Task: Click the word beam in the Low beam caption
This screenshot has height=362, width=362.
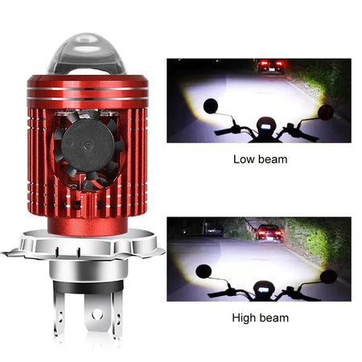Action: pos(273,160)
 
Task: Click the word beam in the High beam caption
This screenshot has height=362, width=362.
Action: pos(274,317)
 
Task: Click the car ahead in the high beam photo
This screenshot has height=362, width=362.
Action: pos(269,234)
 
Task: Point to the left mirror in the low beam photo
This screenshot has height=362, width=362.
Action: pos(210,105)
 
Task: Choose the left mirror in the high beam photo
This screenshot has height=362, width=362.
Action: pos(204,271)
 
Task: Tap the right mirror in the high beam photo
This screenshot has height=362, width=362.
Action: pos(327,276)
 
